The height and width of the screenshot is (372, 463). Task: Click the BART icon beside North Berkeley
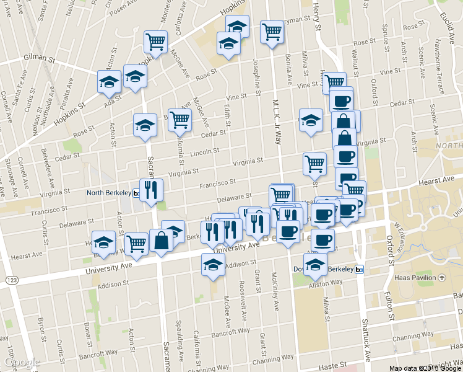click(136, 193)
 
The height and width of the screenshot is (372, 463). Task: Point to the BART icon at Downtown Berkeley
click(359, 270)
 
